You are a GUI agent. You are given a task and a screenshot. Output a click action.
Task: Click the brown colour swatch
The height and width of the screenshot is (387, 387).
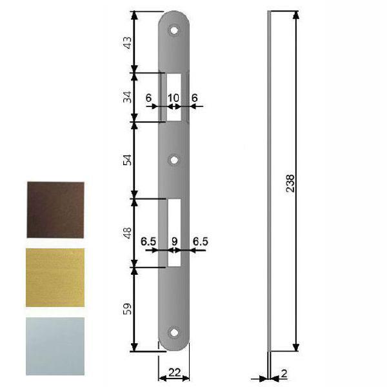[x=55, y=210]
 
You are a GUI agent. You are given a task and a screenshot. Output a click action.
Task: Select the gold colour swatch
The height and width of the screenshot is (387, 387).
[x=55, y=277]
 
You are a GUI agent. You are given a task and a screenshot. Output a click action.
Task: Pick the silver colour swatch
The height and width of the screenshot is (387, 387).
[x=55, y=345]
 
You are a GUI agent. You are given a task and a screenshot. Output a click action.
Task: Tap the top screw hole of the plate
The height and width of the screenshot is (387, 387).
[x=174, y=30]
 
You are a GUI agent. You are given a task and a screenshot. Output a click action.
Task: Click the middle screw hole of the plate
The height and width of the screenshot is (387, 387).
[x=174, y=159]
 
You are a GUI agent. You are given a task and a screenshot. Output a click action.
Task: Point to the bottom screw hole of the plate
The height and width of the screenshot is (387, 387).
[x=174, y=333]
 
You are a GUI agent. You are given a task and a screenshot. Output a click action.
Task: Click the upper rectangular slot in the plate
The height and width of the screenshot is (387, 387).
[x=174, y=97]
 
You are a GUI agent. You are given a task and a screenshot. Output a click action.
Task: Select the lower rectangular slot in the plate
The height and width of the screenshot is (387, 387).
[x=174, y=232]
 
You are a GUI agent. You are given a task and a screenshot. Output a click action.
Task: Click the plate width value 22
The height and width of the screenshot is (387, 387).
[x=174, y=372]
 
